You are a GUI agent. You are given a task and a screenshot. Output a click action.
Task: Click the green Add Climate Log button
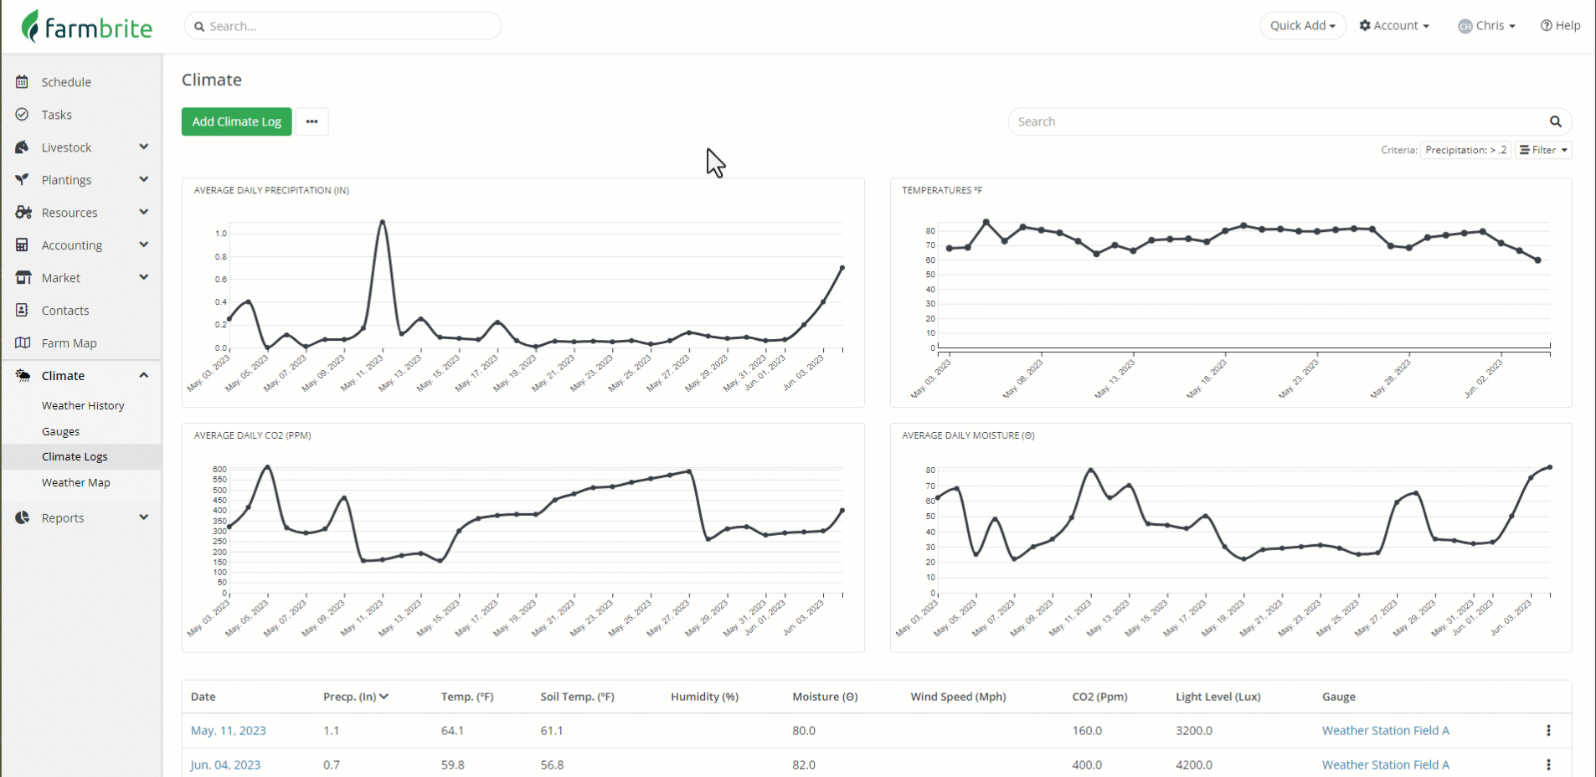(x=236, y=121)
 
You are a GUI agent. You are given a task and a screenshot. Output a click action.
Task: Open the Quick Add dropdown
(x=1302, y=26)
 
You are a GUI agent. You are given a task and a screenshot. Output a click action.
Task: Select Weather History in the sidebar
(x=83, y=405)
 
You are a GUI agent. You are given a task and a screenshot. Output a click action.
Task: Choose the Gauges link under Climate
(x=60, y=431)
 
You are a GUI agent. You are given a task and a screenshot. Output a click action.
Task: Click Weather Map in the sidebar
(x=75, y=482)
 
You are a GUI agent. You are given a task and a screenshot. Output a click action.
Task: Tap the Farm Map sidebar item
(x=69, y=343)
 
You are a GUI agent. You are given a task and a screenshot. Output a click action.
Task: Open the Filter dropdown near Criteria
(x=1543, y=150)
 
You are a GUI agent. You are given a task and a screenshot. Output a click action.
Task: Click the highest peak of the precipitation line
(x=383, y=222)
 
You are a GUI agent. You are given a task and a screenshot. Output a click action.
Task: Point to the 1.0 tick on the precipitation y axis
(x=221, y=234)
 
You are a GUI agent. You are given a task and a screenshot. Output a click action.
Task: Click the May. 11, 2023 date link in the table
(x=228, y=731)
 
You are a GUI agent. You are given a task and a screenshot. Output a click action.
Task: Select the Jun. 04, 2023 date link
(x=225, y=765)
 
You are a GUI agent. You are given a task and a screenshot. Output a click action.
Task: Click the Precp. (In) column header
(x=355, y=697)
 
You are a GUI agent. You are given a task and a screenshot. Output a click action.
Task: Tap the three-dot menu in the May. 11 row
(x=1548, y=731)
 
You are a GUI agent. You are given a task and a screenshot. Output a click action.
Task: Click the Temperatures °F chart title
(x=941, y=191)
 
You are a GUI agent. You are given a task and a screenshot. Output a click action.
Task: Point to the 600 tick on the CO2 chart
(x=219, y=470)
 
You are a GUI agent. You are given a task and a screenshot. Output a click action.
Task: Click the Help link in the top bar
(x=1560, y=26)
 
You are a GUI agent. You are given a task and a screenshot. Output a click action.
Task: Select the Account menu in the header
(x=1394, y=26)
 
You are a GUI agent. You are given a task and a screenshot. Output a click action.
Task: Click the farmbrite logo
(x=87, y=27)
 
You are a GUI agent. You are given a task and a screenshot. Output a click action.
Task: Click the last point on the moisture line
(x=1549, y=467)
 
